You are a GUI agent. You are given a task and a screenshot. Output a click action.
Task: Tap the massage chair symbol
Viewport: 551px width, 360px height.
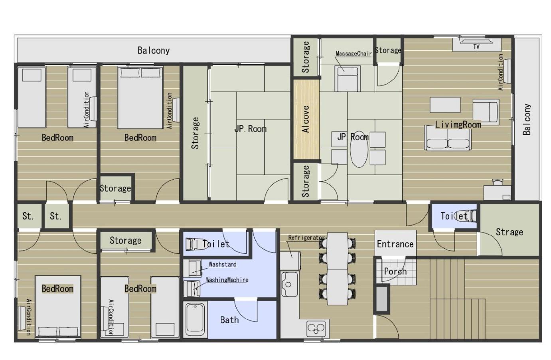[348, 78]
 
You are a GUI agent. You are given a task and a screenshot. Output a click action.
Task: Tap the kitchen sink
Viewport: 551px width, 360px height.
[289, 284]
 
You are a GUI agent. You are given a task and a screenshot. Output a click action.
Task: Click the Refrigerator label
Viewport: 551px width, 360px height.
[306, 238]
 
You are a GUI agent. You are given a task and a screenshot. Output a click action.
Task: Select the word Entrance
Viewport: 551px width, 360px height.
[395, 244]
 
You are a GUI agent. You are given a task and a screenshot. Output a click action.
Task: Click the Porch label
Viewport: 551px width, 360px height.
[395, 271]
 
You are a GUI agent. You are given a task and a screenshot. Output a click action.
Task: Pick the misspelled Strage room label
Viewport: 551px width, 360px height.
[509, 232]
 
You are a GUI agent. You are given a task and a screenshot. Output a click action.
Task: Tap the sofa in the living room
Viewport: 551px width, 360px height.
[448, 137]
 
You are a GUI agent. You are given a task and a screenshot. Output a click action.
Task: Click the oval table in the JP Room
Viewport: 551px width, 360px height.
[359, 149]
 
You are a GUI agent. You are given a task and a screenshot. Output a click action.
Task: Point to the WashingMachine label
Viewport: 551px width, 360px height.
[227, 280]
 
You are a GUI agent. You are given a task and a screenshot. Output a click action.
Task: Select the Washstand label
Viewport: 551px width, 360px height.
[223, 264]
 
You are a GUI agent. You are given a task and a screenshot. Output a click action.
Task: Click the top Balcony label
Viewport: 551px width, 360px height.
[154, 51]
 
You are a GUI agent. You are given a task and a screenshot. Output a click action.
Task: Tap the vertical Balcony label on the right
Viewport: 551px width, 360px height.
[527, 120]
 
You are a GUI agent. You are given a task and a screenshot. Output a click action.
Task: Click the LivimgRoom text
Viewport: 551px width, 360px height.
[458, 125]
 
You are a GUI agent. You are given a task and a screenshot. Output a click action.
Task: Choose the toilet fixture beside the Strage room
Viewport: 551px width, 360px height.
[466, 216]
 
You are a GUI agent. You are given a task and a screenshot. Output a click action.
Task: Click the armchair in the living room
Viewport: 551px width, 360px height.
[486, 112]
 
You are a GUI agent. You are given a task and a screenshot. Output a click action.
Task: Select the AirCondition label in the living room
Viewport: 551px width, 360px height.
[501, 72]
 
